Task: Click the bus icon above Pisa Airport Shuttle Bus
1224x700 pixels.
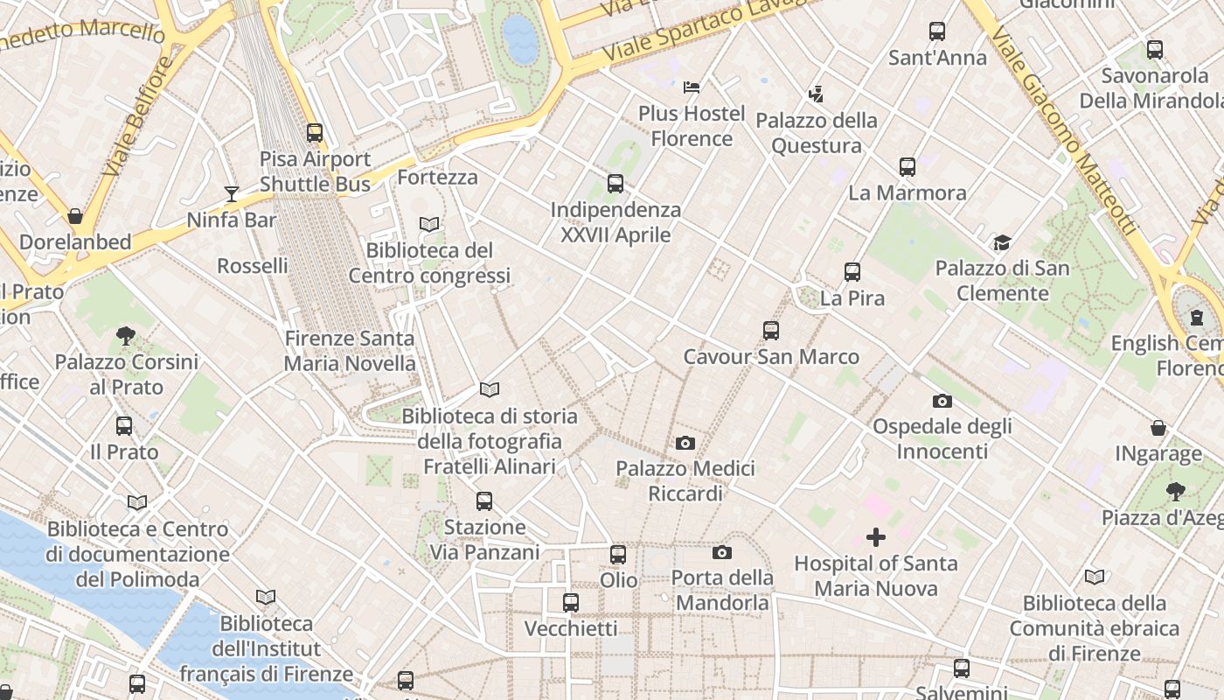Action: (x=315, y=133)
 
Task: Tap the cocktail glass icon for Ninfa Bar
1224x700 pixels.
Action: (x=232, y=193)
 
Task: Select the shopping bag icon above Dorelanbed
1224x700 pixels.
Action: (x=75, y=215)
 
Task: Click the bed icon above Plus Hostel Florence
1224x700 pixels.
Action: (x=692, y=87)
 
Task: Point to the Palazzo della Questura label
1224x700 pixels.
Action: (x=817, y=133)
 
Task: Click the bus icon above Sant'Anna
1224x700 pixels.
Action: (x=937, y=31)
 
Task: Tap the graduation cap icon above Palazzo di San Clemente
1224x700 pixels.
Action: (x=1002, y=242)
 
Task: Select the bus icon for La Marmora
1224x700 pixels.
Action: (x=908, y=166)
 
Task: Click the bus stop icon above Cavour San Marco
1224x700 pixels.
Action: (x=770, y=330)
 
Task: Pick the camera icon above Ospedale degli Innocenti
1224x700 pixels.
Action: (x=942, y=401)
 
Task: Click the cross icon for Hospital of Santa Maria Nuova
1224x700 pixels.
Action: (x=875, y=537)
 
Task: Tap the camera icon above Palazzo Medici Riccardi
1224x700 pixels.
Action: (x=685, y=443)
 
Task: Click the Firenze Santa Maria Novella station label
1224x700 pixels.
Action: (x=350, y=351)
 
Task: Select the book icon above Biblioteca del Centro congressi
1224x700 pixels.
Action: (x=428, y=225)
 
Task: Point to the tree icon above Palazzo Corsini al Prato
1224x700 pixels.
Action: (x=126, y=335)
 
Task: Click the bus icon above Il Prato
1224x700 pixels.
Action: (x=124, y=426)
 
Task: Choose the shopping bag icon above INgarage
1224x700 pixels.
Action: (x=1158, y=428)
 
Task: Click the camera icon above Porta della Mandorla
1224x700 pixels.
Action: (x=721, y=552)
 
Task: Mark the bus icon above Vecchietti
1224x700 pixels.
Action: (x=571, y=602)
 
